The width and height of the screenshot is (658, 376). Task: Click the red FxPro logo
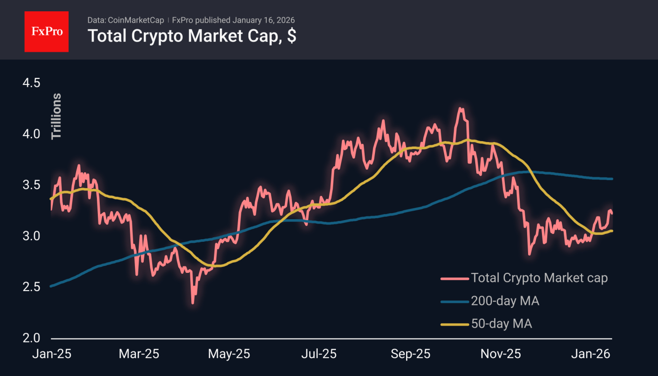click(x=46, y=31)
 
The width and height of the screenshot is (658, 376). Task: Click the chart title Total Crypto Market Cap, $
click(x=192, y=36)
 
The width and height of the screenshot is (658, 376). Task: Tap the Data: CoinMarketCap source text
click(x=125, y=20)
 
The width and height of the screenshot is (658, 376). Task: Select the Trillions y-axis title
click(x=56, y=116)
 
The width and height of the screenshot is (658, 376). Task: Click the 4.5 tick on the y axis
click(x=31, y=83)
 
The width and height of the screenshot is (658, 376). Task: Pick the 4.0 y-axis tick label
click(x=31, y=134)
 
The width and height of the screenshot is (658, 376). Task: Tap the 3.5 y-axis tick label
click(x=31, y=185)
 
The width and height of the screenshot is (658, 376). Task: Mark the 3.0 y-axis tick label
click(x=31, y=236)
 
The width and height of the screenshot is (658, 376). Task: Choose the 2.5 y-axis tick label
click(x=31, y=287)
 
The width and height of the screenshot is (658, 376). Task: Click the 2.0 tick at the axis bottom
click(x=31, y=338)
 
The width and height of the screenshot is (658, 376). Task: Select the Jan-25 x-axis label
click(x=51, y=354)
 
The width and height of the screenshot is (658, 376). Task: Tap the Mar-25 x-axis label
click(x=138, y=354)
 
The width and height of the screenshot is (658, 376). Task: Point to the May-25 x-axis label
click(x=229, y=354)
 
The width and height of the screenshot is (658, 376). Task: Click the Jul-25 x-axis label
click(x=319, y=354)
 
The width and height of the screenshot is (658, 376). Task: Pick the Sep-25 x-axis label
click(x=411, y=354)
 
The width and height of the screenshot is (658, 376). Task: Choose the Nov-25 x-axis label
click(x=501, y=354)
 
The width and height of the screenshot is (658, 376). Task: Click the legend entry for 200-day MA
click(x=505, y=301)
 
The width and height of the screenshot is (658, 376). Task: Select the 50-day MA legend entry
click(x=501, y=324)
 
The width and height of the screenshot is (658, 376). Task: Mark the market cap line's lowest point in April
click(x=193, y=303)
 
